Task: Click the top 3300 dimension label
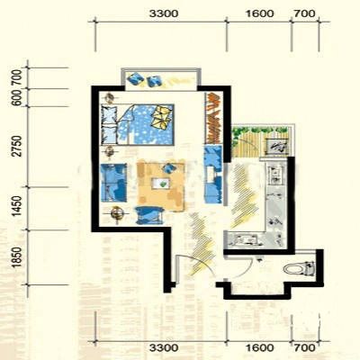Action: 164,13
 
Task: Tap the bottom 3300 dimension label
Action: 164,348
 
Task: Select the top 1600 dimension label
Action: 260,13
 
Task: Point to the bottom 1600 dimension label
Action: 260,348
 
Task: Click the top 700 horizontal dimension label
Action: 304,13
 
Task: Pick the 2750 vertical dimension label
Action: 17,146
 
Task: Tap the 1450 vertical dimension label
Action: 17,206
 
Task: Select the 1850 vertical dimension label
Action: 17,257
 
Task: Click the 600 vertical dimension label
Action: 17,98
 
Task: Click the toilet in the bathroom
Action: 299,268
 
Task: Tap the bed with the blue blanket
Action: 138,124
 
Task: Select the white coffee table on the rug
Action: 161,184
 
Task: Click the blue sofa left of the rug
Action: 113,183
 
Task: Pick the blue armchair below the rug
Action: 149,215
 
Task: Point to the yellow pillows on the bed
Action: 161,118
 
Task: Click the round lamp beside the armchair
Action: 117,213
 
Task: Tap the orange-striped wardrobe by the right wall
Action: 213,118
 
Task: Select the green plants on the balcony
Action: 259,130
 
